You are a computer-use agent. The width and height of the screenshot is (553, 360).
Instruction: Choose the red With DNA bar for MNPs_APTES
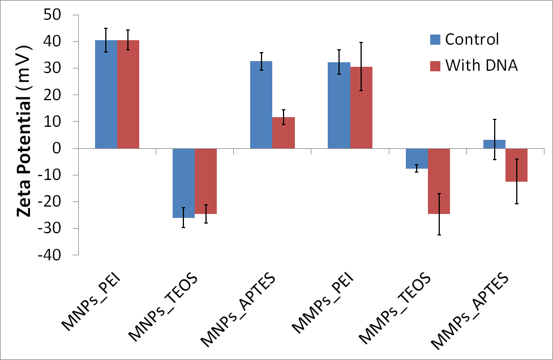pyautogui.click(x=284, y=133)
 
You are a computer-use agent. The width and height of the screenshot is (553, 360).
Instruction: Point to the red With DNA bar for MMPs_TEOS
pyautogui.click(x=439, y=181)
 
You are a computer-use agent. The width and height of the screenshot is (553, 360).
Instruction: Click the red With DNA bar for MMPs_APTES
pyautogui.click(x=516, y=165)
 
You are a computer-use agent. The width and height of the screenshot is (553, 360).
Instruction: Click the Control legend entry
pyautogui.click(x=465, y=39)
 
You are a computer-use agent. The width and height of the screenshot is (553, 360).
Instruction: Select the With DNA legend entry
pyautogui.click(x=473, y=66)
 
